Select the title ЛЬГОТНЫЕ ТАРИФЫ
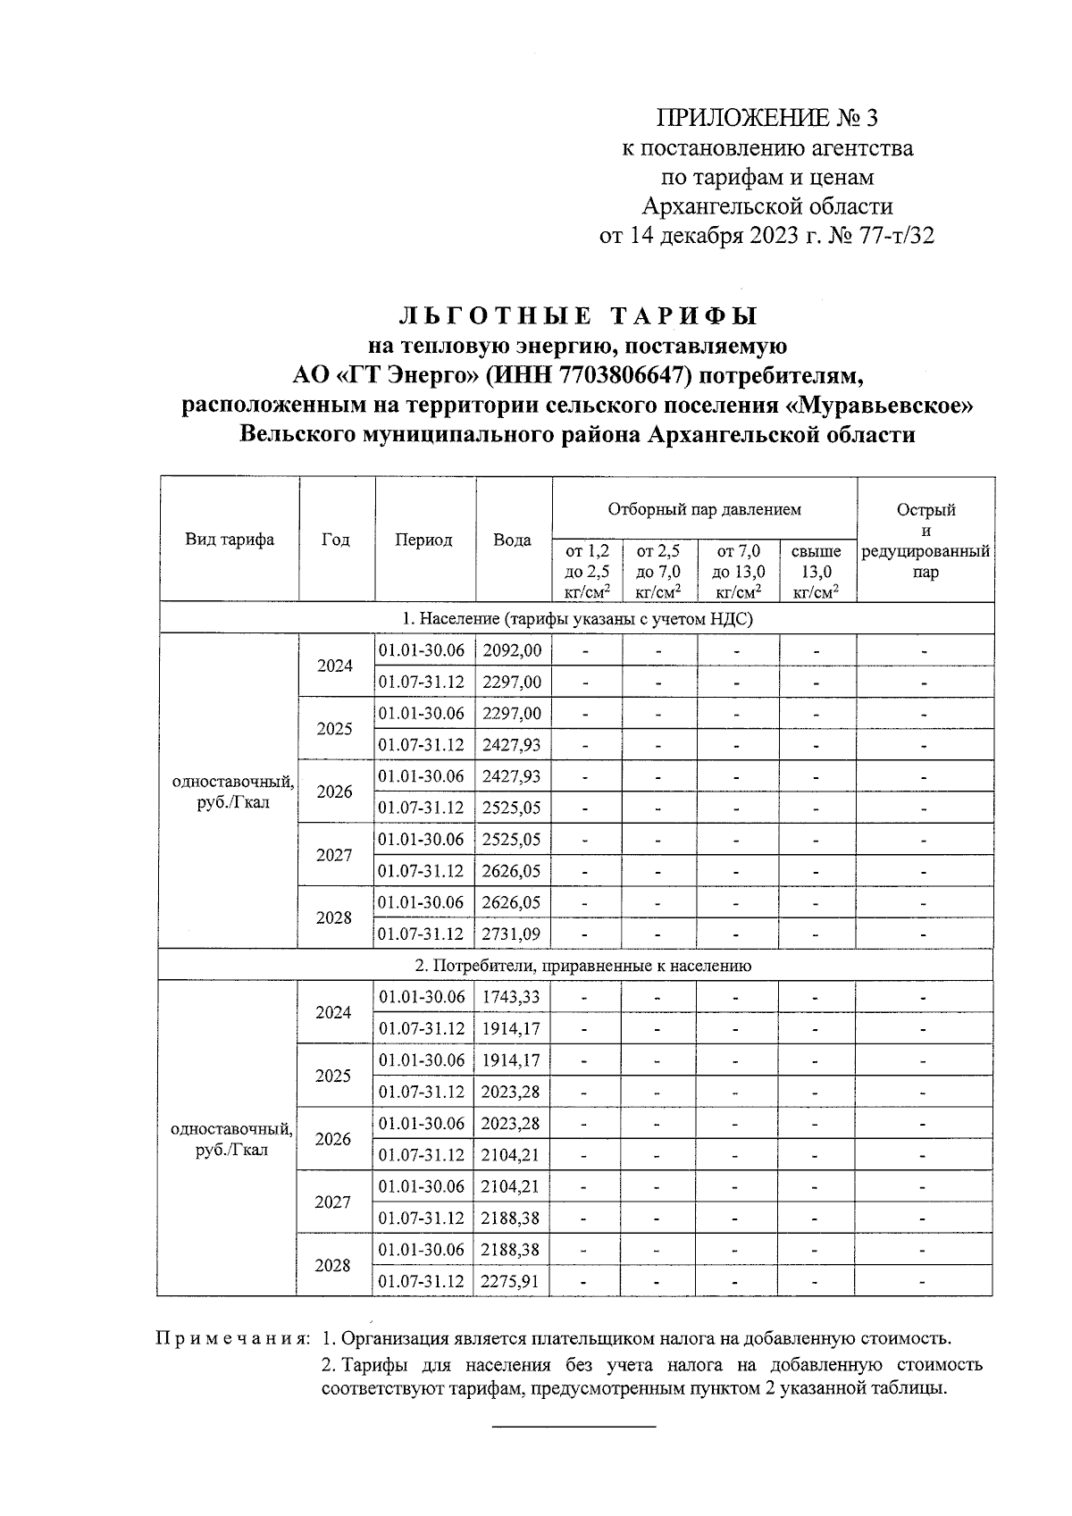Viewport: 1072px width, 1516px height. [578, 317]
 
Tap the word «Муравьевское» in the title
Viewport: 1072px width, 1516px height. [878, 406]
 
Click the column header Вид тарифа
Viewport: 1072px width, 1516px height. [230, 540]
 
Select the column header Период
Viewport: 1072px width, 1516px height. [424, 540]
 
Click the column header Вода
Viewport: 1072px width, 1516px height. [513, 540]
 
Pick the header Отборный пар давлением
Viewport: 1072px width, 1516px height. [704, 510]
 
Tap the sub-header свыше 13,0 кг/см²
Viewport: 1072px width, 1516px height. [816, 572]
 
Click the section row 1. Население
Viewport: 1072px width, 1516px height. [576, 618]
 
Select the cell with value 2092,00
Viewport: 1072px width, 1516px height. [512, 650]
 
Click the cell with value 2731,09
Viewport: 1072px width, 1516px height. [512, 934]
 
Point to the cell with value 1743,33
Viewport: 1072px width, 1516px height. [511, 997]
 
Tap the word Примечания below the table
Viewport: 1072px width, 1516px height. [233, 1339]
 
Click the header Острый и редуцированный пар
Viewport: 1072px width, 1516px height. [925, 540]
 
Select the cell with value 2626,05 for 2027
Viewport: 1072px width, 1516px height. [512, 871]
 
